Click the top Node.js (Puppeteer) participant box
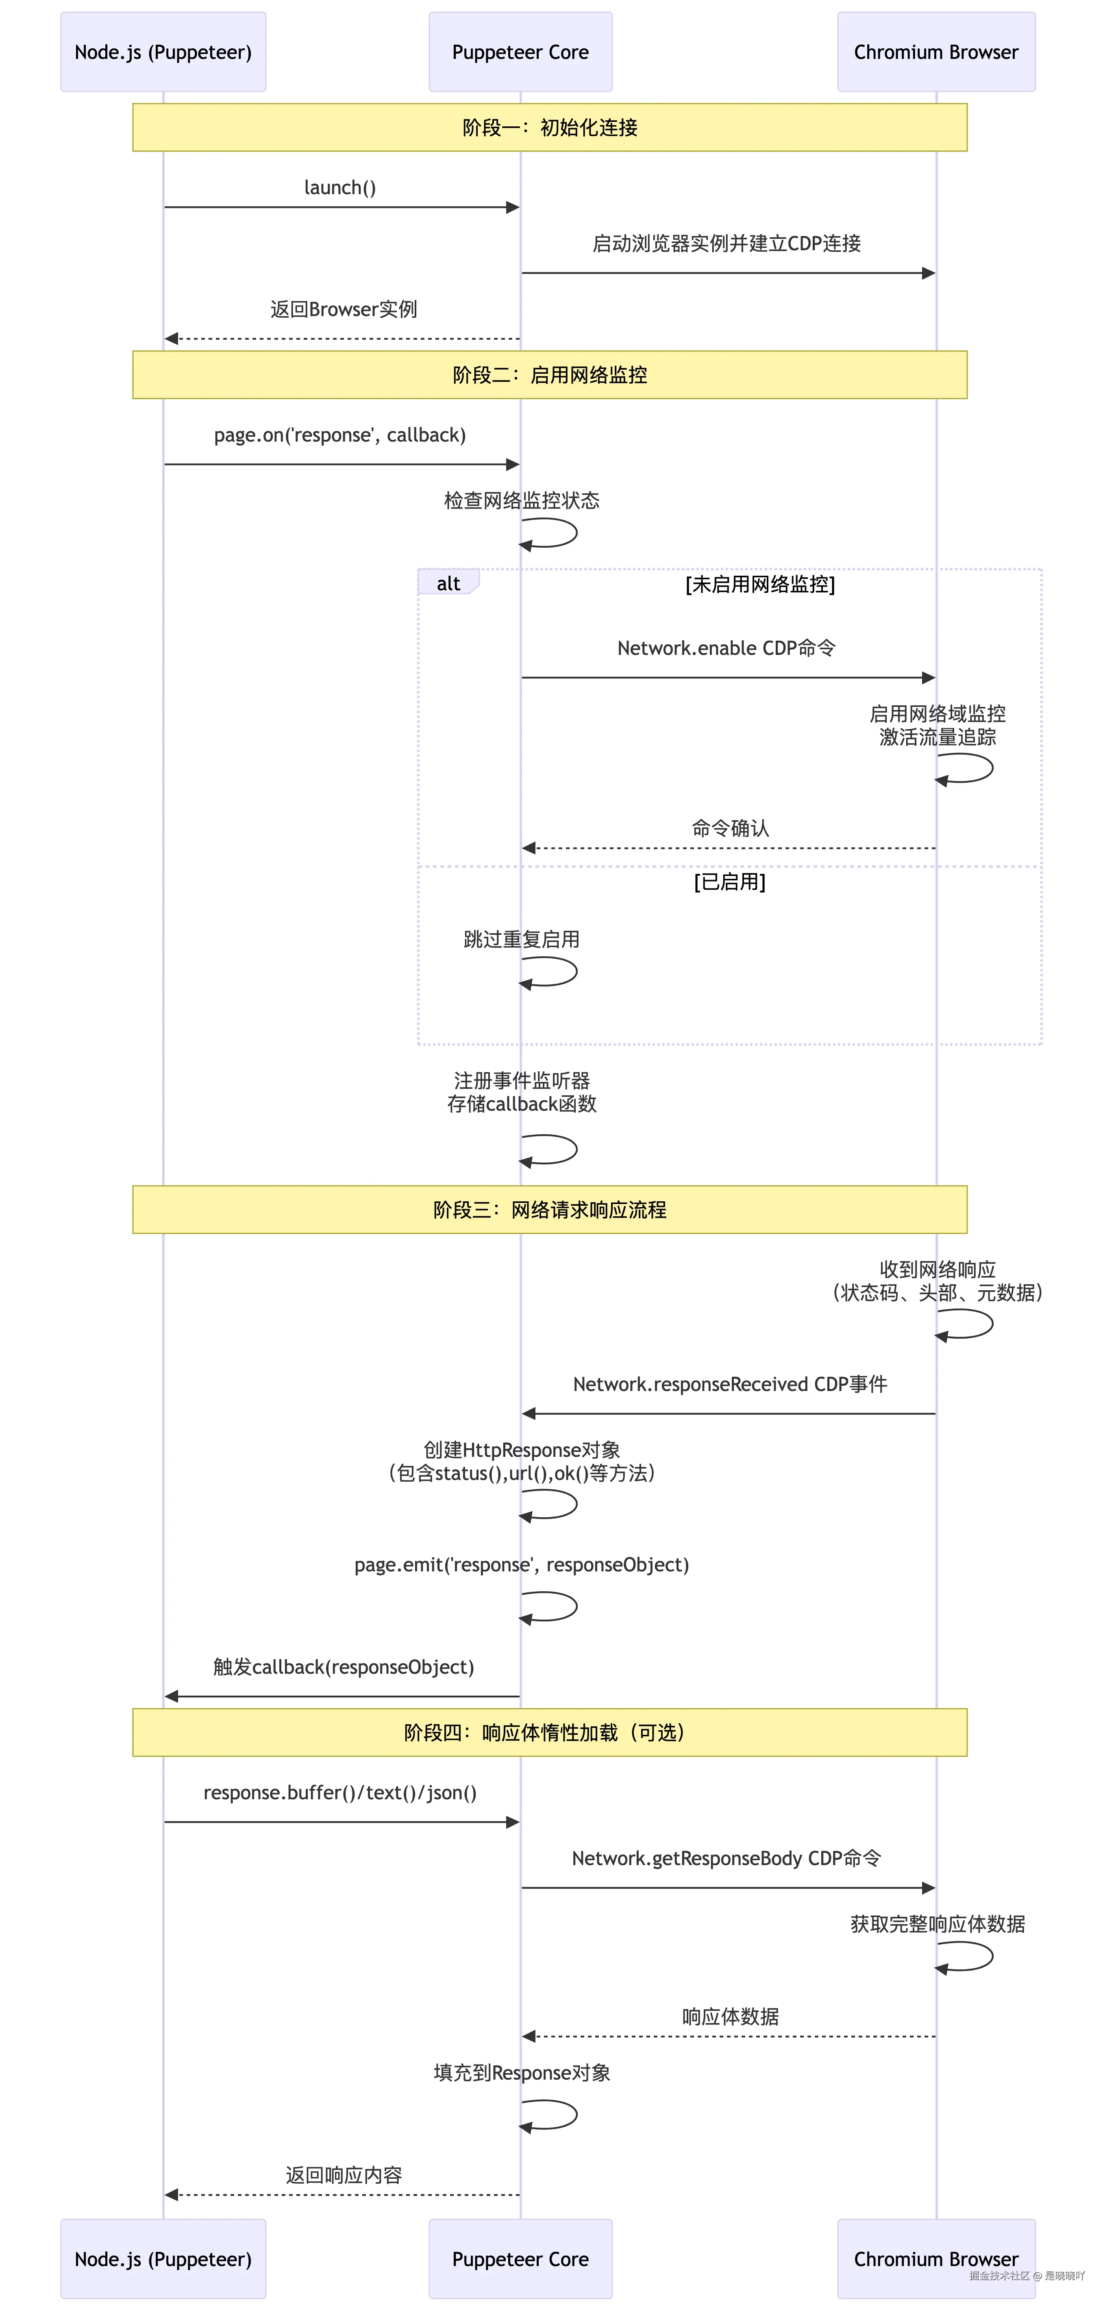coord(163,52)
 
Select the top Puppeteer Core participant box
coord(520,52)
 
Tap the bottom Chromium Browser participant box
coord(935,2258)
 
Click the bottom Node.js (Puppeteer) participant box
coord(163,2258)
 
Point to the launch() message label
coord(339,188)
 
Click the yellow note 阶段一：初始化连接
coord(550,128)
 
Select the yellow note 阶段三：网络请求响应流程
coord(550,1210)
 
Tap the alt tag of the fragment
coord(448,583)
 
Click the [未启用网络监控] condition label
coord(759,584)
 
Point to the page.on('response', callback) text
coord(339,435)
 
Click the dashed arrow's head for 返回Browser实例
coord(171,338)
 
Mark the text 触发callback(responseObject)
coord(343,1667)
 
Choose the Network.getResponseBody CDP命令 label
coord(727,1858)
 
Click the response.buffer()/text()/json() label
coord(339,1792)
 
